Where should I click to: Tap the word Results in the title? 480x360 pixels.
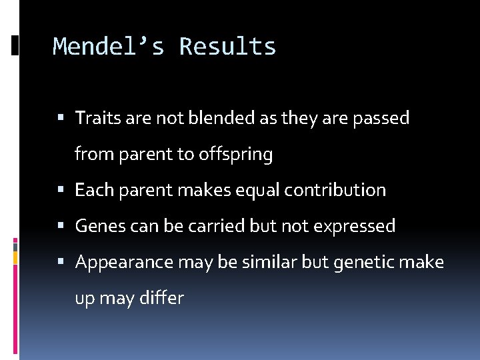pos(227,47)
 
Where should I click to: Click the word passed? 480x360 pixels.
pos(381,119)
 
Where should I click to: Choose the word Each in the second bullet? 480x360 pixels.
pos(91,191)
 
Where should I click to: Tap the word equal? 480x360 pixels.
pos(259,191)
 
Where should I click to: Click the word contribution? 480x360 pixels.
pos(335,191)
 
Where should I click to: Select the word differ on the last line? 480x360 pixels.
pos(161,299)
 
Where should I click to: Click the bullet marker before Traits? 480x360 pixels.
pos(61,119)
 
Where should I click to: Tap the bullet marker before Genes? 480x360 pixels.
pos(61,227)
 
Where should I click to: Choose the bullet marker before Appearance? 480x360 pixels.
pos(61,263)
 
